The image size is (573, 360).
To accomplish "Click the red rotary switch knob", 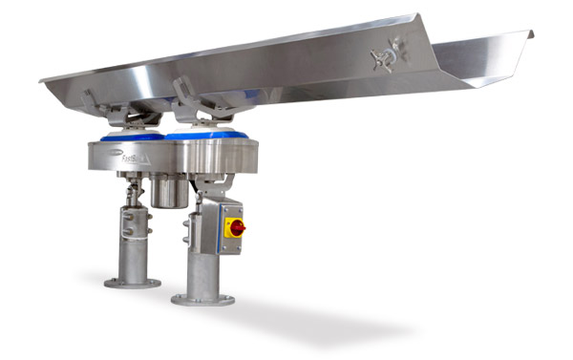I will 235,227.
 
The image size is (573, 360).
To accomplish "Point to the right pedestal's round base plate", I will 202,298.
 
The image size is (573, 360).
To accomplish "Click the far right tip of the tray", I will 530,36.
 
